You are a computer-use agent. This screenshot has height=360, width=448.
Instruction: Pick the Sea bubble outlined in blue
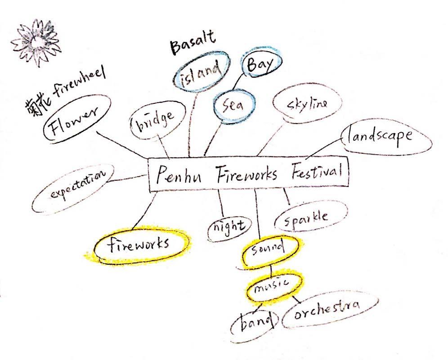pyautogui.click(x=234, y=106)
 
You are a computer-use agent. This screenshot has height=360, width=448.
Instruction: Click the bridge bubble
pyautogui.click(x=157, y=119)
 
